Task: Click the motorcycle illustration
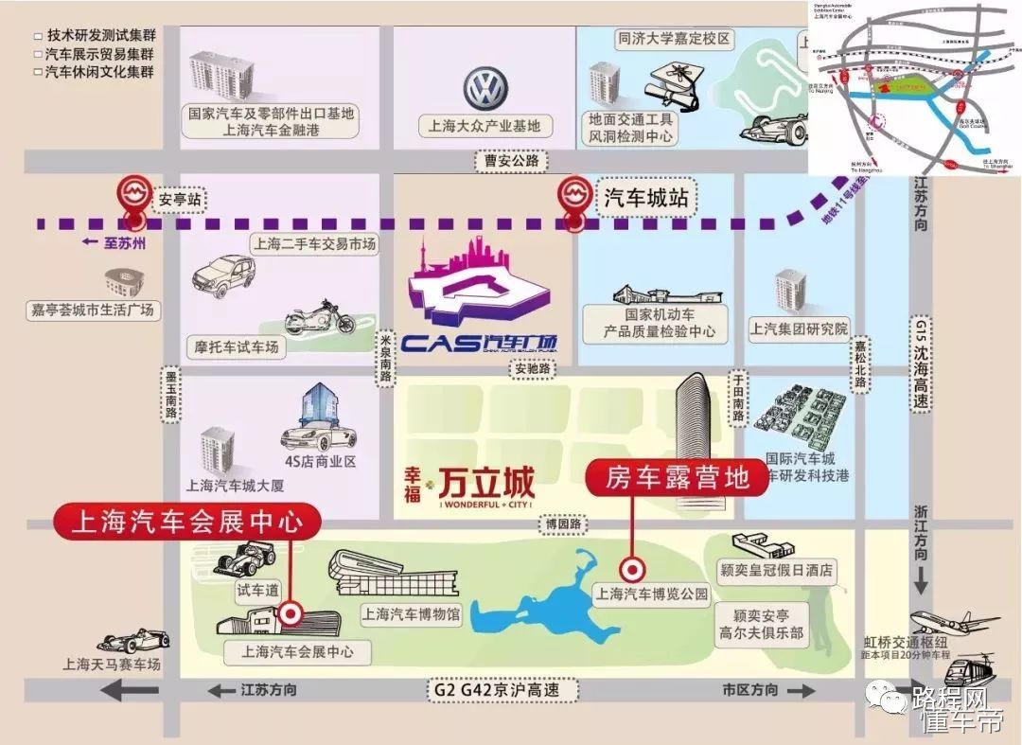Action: pyautogui.click(x=319, y=319)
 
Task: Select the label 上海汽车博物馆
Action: pyautogui.click(x=411, y=615)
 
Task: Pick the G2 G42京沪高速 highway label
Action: pyautogui.click(x=496, y=690)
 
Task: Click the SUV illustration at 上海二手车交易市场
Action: pyautogui.click(x=225, y=275)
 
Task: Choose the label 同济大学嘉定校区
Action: pyautogui.click(x=674, y=39)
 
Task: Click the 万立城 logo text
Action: pyautogui.click(x=490, y=483)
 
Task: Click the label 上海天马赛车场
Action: pyautogui.click(x=112, y=664)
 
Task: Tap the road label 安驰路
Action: pyautogui.click(x=532, y=369)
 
